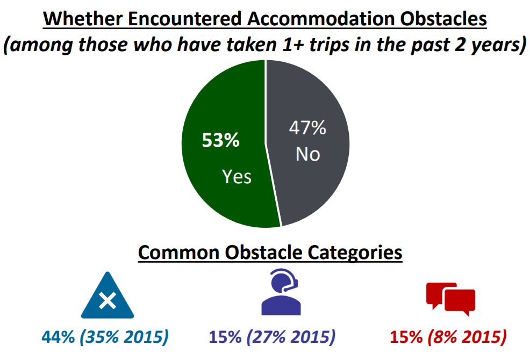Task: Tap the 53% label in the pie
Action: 221,140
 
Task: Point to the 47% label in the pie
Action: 307,128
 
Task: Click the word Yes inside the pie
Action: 237,176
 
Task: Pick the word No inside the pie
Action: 307,154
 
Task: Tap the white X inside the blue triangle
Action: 108,300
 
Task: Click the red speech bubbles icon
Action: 451,299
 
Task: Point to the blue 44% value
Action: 58,337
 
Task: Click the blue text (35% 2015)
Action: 124,337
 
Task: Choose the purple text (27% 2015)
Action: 291,337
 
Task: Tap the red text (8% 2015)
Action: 467,337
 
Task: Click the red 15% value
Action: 406,337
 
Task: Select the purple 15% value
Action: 225,337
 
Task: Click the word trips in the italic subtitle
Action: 329,45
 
